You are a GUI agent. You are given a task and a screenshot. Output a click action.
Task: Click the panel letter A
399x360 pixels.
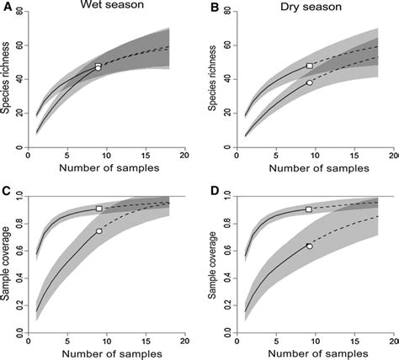6,12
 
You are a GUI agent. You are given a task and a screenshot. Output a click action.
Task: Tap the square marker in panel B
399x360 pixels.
310,66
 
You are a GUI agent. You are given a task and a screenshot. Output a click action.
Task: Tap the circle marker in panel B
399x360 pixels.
310,82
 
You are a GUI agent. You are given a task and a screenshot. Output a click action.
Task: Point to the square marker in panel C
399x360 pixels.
99,208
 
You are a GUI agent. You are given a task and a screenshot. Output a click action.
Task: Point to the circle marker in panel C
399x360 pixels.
99,230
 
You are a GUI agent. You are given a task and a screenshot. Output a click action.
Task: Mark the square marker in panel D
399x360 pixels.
309,209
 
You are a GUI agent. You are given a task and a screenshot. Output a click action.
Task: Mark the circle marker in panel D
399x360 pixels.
309,246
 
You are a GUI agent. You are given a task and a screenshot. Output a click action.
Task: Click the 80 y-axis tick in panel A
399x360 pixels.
23,14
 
